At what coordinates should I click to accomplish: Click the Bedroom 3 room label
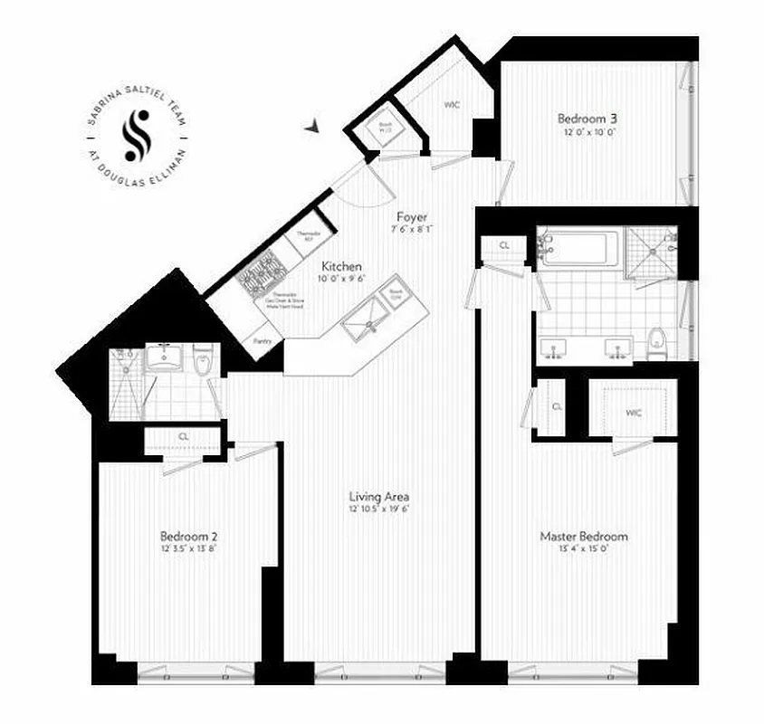point(587,119)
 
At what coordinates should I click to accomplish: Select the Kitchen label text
point(343,266)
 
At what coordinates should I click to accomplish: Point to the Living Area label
point(380,496)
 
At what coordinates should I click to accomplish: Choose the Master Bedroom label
point(584,536)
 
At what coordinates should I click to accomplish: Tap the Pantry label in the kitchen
point(263,341)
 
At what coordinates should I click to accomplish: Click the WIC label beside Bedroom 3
point(453,105)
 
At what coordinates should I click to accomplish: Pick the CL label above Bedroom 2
point(183,437)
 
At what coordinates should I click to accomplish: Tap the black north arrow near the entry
point(312,128)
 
